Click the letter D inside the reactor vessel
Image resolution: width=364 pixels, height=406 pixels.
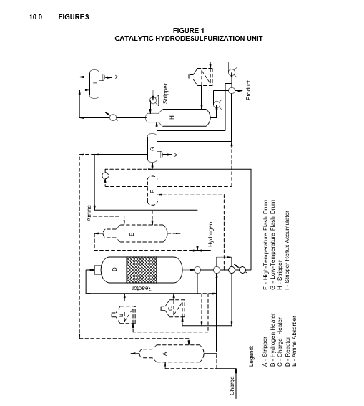click(115, 269)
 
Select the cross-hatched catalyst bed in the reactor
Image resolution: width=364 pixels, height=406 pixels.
click(142, 270)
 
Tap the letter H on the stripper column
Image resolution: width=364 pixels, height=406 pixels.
click(172, 117)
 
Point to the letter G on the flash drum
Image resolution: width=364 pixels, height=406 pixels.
click(152, 149)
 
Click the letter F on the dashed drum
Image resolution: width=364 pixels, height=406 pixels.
click(152, 192)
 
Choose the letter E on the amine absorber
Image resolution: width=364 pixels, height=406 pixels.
click(132, 234)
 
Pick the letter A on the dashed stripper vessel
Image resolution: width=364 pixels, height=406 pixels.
click(164, 354)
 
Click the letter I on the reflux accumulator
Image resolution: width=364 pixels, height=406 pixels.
click(95, 83)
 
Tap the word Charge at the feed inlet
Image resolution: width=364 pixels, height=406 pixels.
click(232, 385)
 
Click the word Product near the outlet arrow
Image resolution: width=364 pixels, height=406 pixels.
click(248, 90)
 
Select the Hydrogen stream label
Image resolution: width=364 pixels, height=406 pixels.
click(210, 234)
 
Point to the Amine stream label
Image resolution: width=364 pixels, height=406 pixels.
click(89, 213)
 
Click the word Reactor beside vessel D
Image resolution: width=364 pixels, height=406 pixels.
click(142, 288)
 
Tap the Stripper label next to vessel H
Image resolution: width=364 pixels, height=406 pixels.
click(165, 94)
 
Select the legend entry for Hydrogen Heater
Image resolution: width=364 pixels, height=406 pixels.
click(272, 340)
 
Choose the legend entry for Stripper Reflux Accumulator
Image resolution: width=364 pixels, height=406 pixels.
click(287, 250)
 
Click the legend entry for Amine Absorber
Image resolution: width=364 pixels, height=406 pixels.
click(294, 341)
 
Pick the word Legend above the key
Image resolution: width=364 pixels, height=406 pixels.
click(251, 356)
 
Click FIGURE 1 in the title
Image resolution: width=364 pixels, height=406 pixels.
click(189, 31)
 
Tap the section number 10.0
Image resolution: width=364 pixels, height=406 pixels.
click(36, 17)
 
